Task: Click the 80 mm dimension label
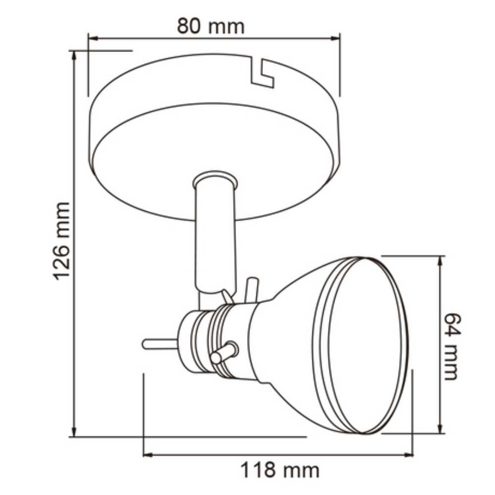pyautogui.click(x=211, y=26)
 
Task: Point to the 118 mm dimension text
pyautogui.click(x=280, y=469)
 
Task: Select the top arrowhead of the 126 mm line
pyautogui.click(x=75, y=54)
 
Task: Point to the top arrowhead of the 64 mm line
pyautogui.click(x=440, y=260)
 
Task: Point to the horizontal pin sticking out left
pyautogui.click(x=158, y=343)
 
